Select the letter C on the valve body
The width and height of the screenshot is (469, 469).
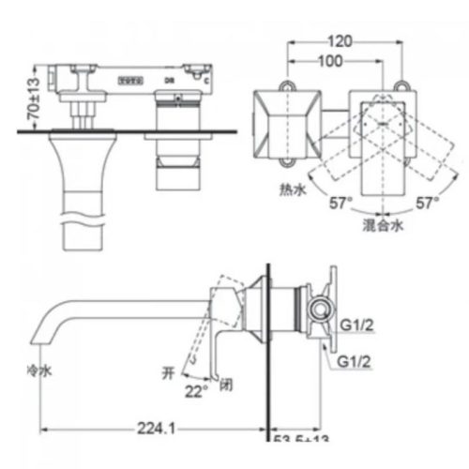(x=206, y=82)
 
